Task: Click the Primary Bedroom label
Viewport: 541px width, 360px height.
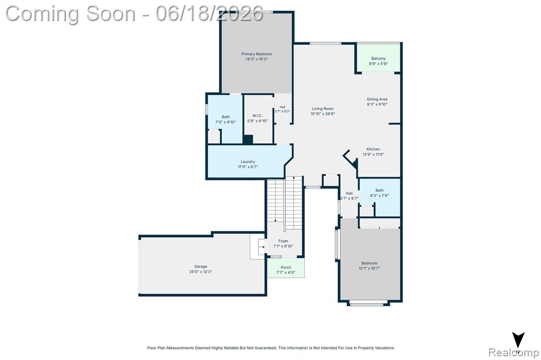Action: pos(256,54)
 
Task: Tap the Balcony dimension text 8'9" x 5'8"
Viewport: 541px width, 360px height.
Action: pos(378,64)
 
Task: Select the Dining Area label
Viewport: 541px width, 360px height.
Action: pos(377,99)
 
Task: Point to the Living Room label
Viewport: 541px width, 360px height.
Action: pos(323,109)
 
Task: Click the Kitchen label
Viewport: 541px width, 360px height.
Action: pos(374,149)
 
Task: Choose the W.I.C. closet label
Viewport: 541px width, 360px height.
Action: pos(257,116)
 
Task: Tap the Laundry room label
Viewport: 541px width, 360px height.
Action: pos(248,162)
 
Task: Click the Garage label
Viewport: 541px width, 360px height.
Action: pos(200,267)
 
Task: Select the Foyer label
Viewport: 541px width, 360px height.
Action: pos(283,241)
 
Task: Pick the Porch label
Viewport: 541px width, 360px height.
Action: pos(286,267)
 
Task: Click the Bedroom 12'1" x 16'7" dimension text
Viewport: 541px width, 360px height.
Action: pos(369,268)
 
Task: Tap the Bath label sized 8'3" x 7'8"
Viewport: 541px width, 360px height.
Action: pos(379,191)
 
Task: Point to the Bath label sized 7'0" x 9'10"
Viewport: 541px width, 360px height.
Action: pos(226,117)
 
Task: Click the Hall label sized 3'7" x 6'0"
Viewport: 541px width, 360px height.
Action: pos(283,107)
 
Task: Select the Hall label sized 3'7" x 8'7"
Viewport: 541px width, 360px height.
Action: pos(349,193)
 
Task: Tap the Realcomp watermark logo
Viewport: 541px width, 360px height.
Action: pos(514,353)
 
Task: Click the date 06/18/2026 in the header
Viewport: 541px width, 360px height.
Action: pos(209,14)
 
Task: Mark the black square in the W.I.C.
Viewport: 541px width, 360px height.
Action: pos(248,139)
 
